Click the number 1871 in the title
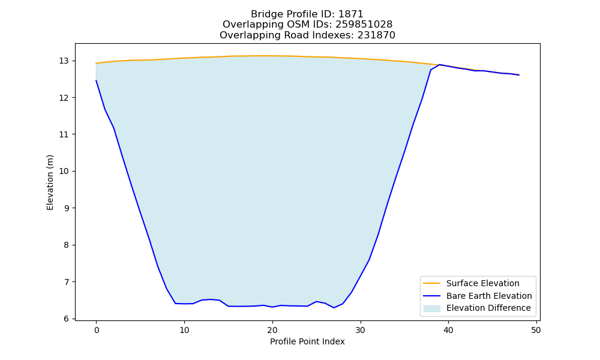[351, 14]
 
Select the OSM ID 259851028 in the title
[364, 25]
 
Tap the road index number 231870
[376, 35]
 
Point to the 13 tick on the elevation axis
[64, 61]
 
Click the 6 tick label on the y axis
[66, 319]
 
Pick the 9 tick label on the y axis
[66, 208]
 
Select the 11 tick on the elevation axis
[64, 134]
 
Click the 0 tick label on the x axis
[97, 330]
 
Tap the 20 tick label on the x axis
[272, 330]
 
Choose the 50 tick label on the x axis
[536, 330]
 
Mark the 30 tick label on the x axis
[361, 330]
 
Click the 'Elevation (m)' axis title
[50, 182]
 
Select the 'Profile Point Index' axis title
[307, 341]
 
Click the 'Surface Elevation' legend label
[483, 283]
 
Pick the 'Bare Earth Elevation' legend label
[489, 296]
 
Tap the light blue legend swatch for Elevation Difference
[431, 308]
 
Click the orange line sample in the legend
[431, 283]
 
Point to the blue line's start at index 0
[96, 80]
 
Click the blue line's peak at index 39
[440, 65]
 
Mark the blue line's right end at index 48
[519, 75]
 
